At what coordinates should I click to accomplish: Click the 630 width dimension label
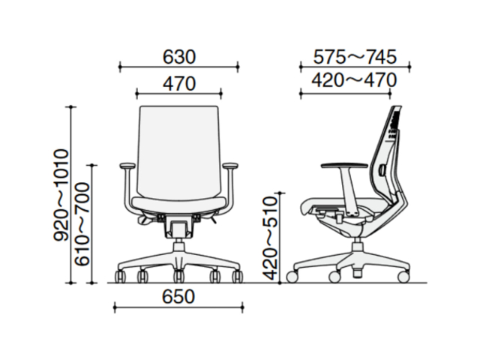[178, 57]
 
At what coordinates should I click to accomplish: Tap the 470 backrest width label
[178, 83]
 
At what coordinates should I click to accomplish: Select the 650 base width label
[178, 297]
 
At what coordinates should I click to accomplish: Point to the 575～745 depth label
[355, 57]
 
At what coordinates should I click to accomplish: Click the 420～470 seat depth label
[354, 80]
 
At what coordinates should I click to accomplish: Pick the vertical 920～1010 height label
[60, 195]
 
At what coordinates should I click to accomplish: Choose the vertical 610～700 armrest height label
[82, 224]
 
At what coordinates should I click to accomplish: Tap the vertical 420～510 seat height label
[270, 238]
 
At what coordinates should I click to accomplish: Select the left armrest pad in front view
[127, 166]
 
